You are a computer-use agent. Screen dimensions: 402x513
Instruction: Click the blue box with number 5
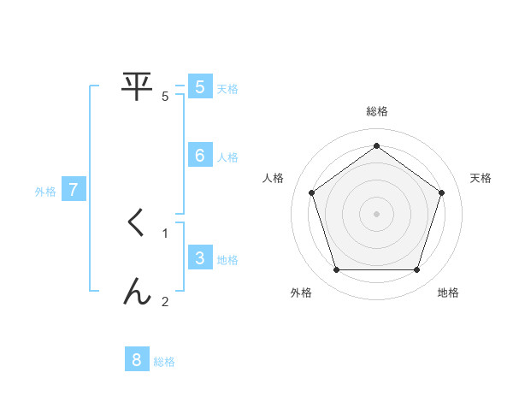[199, 86]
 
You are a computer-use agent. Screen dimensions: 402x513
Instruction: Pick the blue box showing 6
[199, 155]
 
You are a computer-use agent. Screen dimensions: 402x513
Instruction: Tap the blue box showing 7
[74, 190]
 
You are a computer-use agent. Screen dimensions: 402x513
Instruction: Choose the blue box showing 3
[199, 258]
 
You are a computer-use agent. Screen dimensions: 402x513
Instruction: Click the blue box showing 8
[137, 360]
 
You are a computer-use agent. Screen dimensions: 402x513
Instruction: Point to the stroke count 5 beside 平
[165, 97]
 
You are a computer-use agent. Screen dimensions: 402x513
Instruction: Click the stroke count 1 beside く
[165, 233]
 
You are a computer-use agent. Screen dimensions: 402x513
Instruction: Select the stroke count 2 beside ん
[165, 301]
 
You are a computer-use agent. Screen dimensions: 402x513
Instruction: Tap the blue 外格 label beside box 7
[45, 192]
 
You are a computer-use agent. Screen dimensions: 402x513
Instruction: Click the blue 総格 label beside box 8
[164, 362]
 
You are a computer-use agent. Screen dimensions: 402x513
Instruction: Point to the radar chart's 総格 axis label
[377, 111]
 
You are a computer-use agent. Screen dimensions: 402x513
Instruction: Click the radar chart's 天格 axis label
[481, 178]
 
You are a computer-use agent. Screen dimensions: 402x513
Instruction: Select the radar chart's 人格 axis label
[274, 178]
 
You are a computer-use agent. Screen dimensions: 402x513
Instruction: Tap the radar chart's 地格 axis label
[448, 293]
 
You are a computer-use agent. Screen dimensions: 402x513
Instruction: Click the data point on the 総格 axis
[377, 145]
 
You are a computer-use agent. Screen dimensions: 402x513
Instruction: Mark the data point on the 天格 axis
[441, 192]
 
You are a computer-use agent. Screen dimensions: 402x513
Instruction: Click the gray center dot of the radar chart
[377, 213]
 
